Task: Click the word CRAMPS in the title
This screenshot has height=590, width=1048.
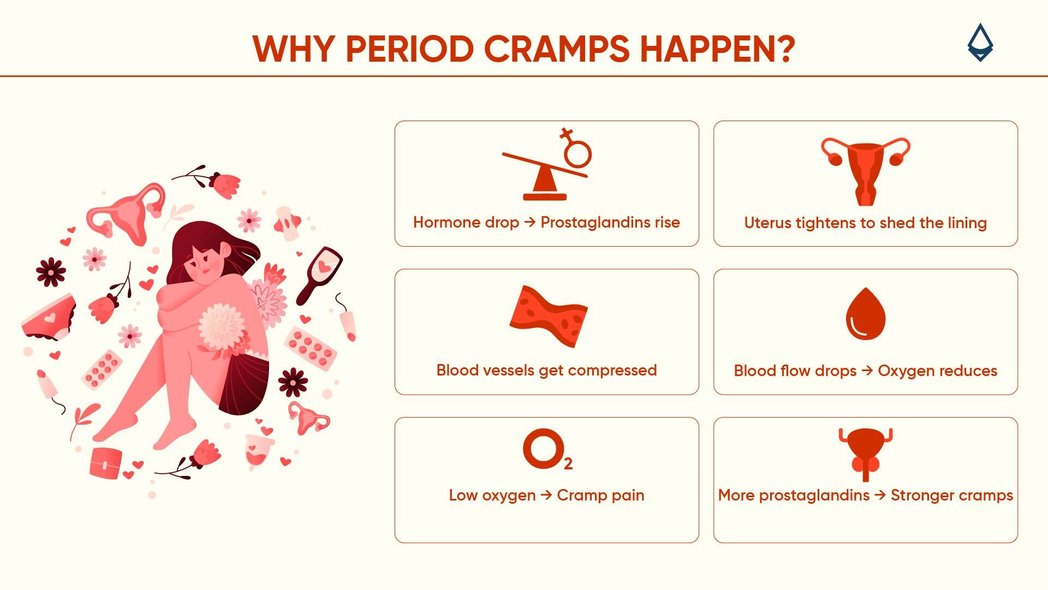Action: pyautogui.click(x=557, y=49)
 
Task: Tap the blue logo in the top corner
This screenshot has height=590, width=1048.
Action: pyautogui.click(x=980, y=43)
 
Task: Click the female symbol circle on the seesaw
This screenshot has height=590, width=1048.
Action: pyautogui.click(x=577, y=153)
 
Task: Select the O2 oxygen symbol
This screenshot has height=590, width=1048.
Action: pyautogui.click(x=546, y=450)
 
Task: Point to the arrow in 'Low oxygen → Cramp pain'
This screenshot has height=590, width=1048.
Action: pyautogui.click(x=546, y=495)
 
